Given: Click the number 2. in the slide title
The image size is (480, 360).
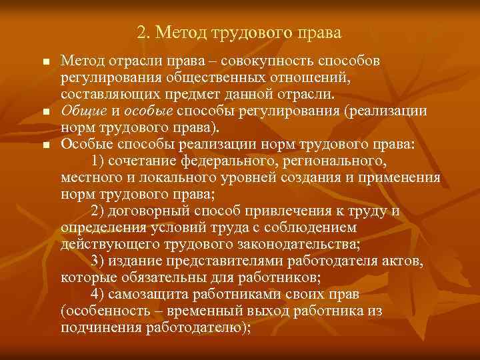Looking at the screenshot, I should pos(143,33).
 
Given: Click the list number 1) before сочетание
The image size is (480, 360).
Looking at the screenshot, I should pos(97,161).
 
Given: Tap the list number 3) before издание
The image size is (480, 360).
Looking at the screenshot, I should pos(97,259).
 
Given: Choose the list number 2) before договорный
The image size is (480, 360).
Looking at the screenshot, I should pos(97,211).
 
